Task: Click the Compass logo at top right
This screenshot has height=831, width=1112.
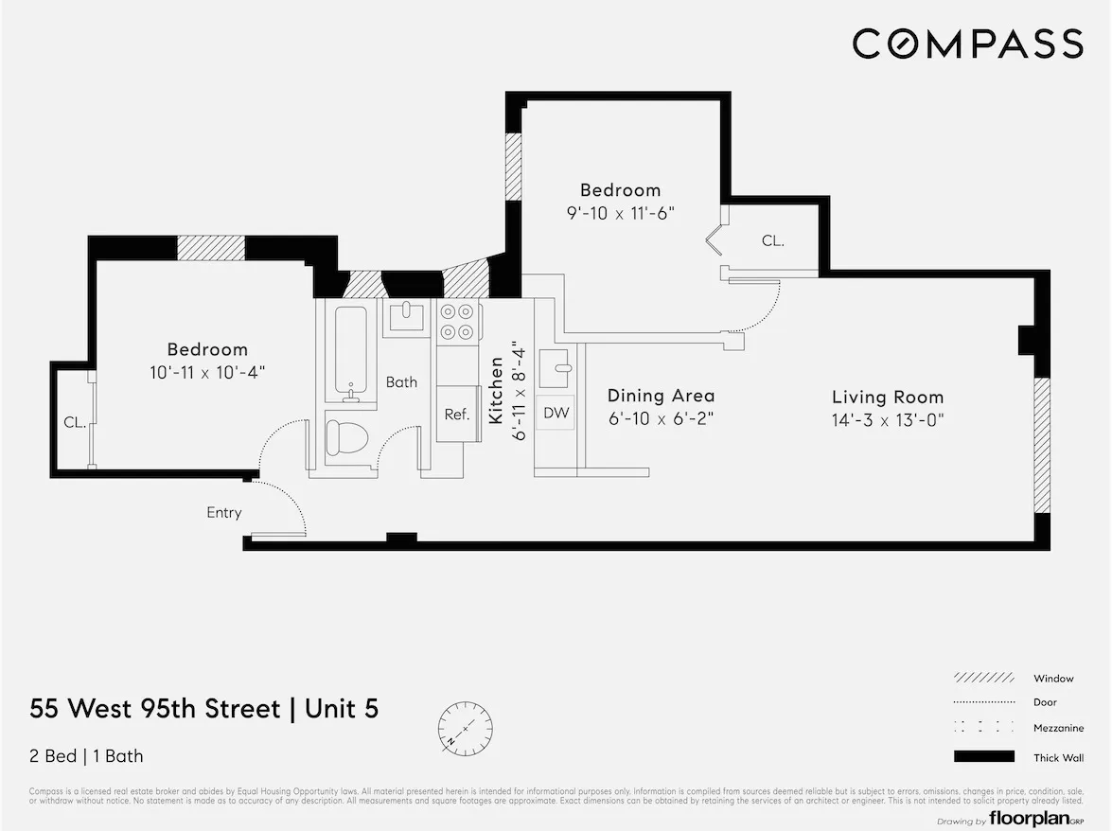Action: click(x=967, y=44)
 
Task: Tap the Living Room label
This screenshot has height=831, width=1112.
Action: click(x=888, y=398)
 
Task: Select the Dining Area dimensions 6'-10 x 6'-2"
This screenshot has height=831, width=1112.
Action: click(x=661, y=418)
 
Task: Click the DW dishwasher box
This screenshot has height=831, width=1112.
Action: click(x=556, y=413)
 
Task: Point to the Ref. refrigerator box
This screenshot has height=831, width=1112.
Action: click(x=457, y=414)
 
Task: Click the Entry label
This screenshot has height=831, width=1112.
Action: click(x=224, y=513)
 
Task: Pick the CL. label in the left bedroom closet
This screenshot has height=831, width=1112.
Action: click(x=75, y=423)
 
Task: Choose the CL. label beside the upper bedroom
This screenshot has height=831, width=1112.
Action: click(x=773, y=241)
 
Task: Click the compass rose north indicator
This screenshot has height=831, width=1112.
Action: click(x=465, y=728)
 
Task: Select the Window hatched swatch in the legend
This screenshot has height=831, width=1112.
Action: click(x=983, y=679)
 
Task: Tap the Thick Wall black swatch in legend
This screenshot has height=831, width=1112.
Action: click(x=983, y=756)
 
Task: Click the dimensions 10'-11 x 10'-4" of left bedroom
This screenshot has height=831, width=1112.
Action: click(x=207, y=372)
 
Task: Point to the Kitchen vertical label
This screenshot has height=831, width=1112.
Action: click(x=495, y=390)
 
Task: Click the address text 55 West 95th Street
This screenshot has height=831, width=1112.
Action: click(x=155, y=709)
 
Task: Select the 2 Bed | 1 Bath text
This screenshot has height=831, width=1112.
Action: click(x=87, y=756)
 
